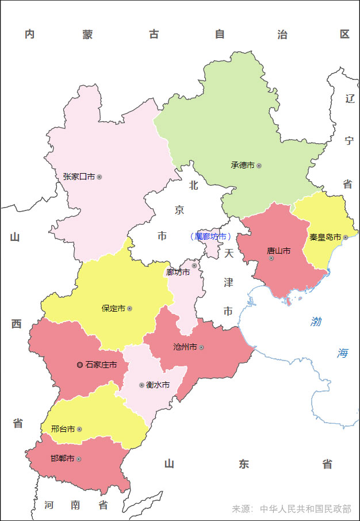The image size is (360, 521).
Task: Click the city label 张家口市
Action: pos(79,177)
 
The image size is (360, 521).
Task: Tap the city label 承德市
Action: pos(242,165)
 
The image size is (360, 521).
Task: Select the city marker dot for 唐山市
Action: pos(271,258)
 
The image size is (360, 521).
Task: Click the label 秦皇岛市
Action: pos(325,237)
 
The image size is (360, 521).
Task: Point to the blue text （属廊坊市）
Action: pos(210,236)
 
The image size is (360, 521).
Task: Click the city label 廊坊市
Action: pos(178,272)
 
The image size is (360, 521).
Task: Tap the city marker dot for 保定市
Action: pos(129,309)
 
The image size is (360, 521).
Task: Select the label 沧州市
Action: pos(185,347)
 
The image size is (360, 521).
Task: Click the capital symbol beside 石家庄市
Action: pos(79,365)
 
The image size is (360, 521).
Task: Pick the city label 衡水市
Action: pos(158,385)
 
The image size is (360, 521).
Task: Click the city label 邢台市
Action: pos(63,429)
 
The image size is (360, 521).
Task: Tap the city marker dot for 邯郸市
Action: pos(79,459)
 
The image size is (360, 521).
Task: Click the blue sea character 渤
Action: pos(316,321)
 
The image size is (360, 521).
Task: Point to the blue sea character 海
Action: pos(343,353)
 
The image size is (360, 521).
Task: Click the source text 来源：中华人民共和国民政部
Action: pos(291,509)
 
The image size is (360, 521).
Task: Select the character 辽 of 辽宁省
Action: pos(350,98)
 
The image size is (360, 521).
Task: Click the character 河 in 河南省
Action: pos(49,505)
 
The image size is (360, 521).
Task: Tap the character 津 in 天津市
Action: pos(228,282)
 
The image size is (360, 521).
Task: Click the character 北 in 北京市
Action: pos(193,185)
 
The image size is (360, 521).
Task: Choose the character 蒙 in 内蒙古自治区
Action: pos(87,35)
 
